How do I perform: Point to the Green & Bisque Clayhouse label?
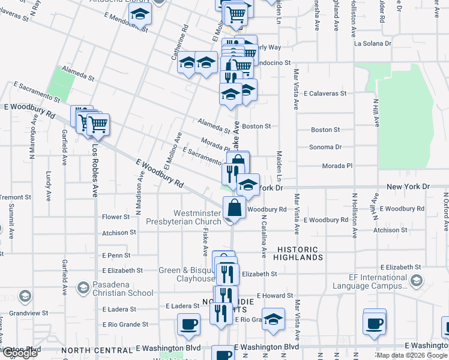[187, 274]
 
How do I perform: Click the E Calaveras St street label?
[325, 94]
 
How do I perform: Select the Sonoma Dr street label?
[325, 146]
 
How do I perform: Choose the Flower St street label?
[116, 217]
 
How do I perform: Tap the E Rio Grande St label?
[125, 325]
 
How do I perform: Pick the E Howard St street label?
[274, 296]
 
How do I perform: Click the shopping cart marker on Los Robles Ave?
[98, 124]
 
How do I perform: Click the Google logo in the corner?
[20, 353]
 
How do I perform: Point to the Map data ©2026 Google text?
[412, 355]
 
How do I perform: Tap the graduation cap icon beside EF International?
[415, 280]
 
